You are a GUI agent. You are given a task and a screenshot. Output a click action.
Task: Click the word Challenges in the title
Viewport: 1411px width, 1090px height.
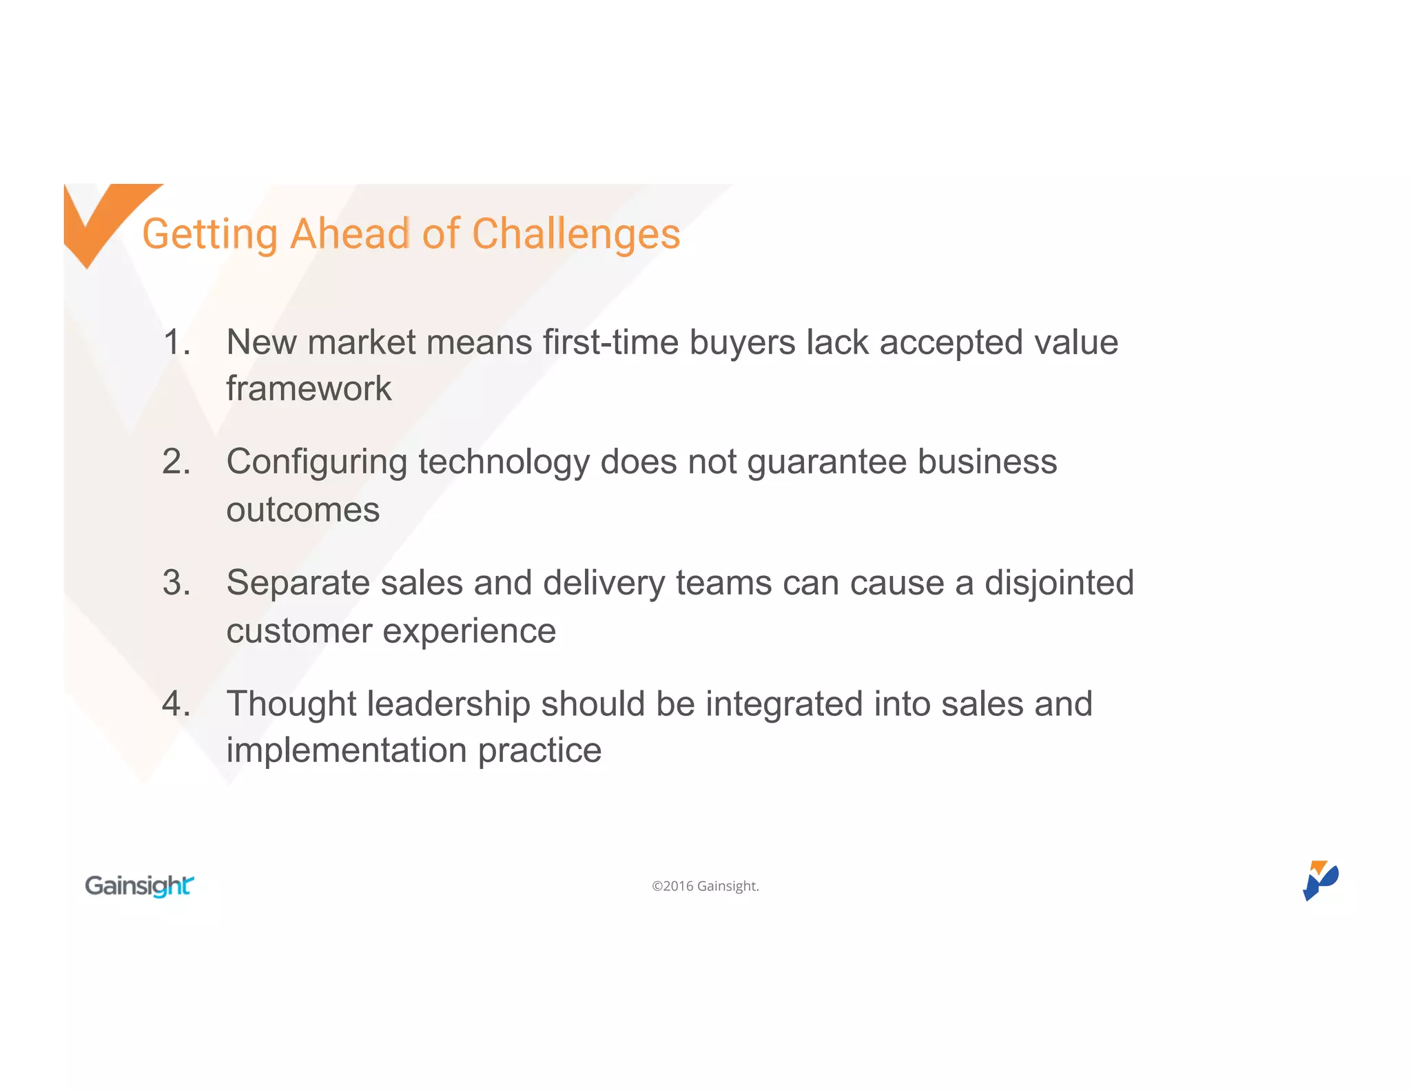576,234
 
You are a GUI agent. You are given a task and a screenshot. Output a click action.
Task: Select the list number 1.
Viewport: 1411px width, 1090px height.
176,342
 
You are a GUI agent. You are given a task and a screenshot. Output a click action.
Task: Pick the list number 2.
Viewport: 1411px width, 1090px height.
176,462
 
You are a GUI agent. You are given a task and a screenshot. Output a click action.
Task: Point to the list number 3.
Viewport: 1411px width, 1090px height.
176,583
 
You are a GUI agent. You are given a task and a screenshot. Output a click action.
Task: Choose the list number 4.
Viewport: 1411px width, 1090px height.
176,704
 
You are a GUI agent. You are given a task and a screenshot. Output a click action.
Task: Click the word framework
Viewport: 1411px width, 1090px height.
309,389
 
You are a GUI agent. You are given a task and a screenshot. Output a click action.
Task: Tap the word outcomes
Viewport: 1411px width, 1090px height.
302,510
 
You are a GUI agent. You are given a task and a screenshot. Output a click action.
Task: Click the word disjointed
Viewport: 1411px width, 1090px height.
1059,584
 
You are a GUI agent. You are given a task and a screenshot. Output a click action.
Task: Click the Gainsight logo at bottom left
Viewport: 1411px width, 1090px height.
139,885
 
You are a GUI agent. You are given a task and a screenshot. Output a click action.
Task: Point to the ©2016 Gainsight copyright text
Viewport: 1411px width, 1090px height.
705,886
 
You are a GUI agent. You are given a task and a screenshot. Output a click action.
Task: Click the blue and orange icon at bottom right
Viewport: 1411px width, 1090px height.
1319,880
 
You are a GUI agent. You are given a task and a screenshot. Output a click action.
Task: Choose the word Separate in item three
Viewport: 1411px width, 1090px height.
298,584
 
